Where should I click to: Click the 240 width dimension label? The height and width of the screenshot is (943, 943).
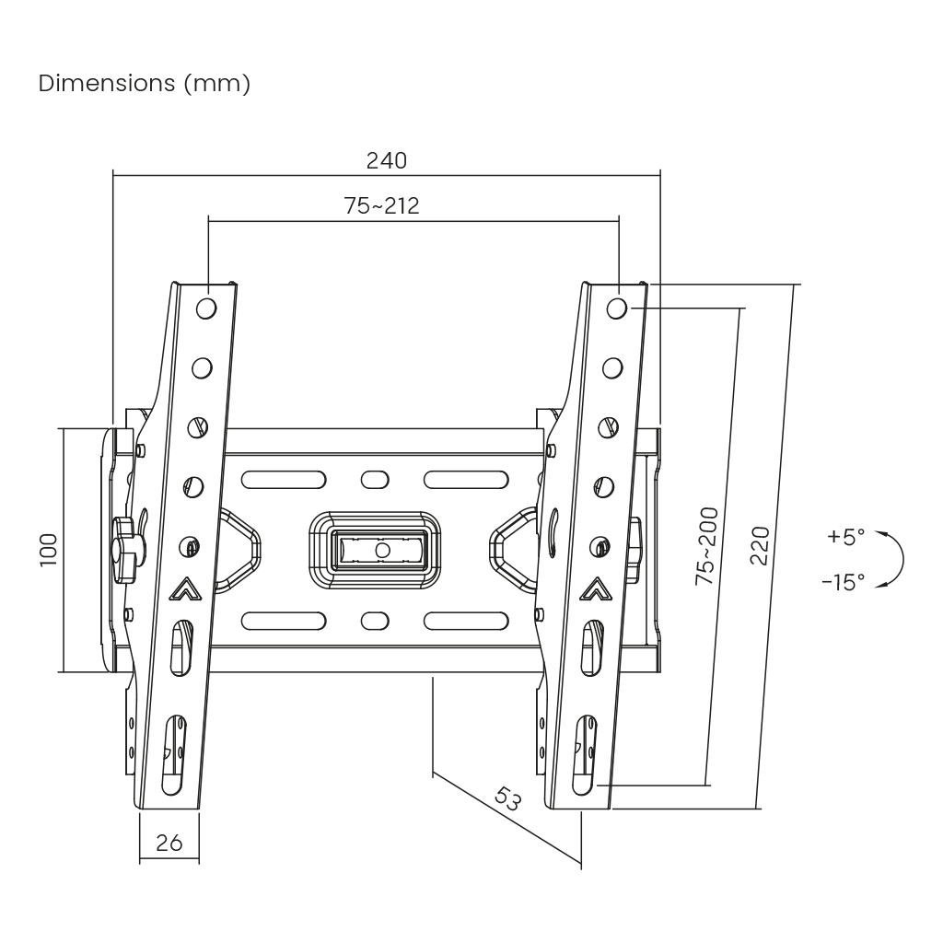(x=387, y=160)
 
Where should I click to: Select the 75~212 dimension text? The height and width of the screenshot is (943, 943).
(x=381, y=206)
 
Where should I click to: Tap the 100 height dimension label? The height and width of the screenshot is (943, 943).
(x=49, y=549)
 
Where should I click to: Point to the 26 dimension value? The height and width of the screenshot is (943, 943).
(x=169, y=842)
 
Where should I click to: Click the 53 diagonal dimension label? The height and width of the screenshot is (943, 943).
(x=507, y=797)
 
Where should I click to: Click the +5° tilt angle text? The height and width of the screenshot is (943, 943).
(x=845, y=537)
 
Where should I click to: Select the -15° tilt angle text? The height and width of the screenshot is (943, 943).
(x=843, y=582)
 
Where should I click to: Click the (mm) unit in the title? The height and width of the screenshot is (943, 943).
(x=216, y=84)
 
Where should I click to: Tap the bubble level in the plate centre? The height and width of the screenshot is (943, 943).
(x=380, y=550)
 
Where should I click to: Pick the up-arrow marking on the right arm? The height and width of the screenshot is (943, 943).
(x=596, y=588)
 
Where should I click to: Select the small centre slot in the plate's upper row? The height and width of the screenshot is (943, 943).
(x=375, y=480)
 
